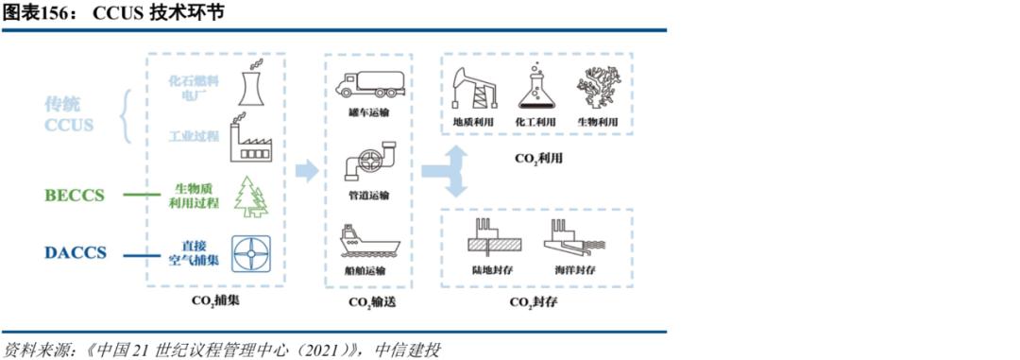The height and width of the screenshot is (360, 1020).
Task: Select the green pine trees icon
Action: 250,196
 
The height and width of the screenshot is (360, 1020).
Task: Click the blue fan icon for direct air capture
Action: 251,253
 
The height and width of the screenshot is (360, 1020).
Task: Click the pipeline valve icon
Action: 370,163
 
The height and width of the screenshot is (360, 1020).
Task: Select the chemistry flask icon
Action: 535,87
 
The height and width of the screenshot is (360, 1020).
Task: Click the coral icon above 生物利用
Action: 595,87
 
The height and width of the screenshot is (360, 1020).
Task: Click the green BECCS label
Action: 75,196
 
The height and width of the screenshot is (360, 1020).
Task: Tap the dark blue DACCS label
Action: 75,252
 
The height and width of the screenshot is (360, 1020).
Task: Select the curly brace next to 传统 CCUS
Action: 126,115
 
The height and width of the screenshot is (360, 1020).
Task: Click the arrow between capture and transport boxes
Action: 306,171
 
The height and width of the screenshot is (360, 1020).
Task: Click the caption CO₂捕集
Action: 216,302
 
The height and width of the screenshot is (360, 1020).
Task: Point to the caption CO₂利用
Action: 538,158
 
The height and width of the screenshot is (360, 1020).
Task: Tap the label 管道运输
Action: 368,196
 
